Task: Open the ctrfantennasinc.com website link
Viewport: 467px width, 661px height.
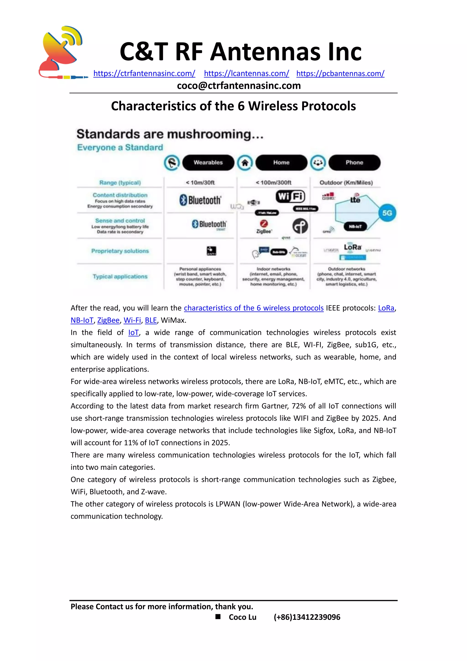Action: click(x=144, y=73)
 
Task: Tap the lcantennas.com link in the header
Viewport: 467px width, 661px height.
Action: click(x=246, y=73)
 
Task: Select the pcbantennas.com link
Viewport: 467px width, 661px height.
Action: click(x=340, y=73)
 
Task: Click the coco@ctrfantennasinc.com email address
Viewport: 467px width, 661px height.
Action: click(x=239, y=86)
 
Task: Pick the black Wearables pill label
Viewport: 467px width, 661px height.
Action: click(x=208, y=163)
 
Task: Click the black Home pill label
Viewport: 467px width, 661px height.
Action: click(x=281, y=163)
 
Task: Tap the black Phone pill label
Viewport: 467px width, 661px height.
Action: click(x=354, y=163)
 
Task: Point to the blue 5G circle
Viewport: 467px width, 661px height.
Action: click(x=387, y=213)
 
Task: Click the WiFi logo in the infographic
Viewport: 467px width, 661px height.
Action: click(x=291, y=196)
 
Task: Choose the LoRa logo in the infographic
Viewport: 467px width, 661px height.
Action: click(x=353, y=247)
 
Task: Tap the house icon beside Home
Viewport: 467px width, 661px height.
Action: click(x=245, y=163)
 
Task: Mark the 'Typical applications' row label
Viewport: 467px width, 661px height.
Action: click(x=120, y=277)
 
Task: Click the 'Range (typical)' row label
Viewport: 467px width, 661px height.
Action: click(x=120, y=183)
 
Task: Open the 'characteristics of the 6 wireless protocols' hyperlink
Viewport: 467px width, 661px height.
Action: click(x=254, y=308)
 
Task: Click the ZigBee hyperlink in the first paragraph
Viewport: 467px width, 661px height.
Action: click(x=108, y=320)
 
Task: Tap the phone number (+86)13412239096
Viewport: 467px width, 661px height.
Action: click(x=307, y=617)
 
